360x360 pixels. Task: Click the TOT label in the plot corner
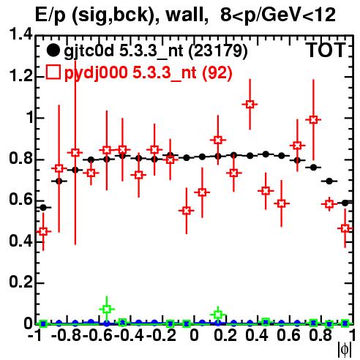coord(326,50)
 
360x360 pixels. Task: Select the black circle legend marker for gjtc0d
coord(53,50)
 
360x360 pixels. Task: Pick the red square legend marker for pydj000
coord(53,72)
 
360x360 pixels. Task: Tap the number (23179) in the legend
coord(218,51)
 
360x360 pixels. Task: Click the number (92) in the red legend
coord(217,72)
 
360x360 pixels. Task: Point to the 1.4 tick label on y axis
coord(21,34)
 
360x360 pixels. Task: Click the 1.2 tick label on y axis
coord(21,76)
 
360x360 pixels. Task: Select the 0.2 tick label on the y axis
coord(21,282)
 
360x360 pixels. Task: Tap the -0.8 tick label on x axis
coord(67,335)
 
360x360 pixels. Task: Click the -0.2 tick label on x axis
coord(162,335)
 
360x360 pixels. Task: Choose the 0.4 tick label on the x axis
coord(257,335)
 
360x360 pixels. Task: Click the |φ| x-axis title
coord(345,350)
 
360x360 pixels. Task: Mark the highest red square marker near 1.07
coord(250,105)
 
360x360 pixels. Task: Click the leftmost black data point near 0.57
coord(43,208)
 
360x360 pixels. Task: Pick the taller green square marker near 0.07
coord(107,309)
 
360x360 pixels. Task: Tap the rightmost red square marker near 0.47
coord(345,228)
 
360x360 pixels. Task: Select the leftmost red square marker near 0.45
coord(43,231)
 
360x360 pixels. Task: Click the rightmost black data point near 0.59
coord(345,203)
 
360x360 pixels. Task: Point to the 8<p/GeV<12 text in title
coord(278,15)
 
